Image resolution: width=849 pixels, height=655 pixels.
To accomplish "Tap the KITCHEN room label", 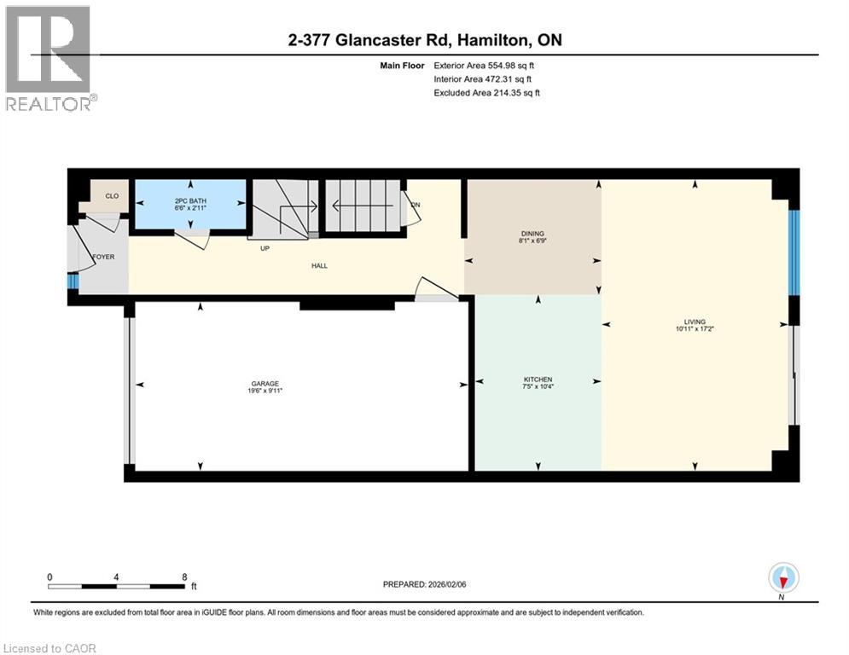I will click(x=538, y=380).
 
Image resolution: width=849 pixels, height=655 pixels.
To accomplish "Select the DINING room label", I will click(x=532, y=234).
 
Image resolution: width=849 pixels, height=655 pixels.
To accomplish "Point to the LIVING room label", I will click(x=695, y=322).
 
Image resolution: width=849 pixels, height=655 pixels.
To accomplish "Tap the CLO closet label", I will click(x=112, y=195).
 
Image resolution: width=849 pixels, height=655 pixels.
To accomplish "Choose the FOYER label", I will click(x=103, y=257).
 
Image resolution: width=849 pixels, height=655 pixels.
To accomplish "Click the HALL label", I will click(x=319, y=266).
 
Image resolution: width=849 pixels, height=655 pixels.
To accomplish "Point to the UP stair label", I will click(x=265, y=249).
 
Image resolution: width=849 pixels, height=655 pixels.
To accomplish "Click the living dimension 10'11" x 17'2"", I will click(x=695, y=329).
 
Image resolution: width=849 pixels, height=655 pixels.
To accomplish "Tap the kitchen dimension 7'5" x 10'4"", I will click(x=538, y=387).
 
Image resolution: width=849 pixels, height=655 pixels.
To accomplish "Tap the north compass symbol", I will click(x=782, y=577).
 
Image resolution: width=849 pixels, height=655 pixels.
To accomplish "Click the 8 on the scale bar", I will click(x=184, y=577).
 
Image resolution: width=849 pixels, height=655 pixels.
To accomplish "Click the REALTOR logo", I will click(x=49, y=58).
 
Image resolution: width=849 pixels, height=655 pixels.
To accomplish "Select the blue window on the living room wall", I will click(x=793, y=252).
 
